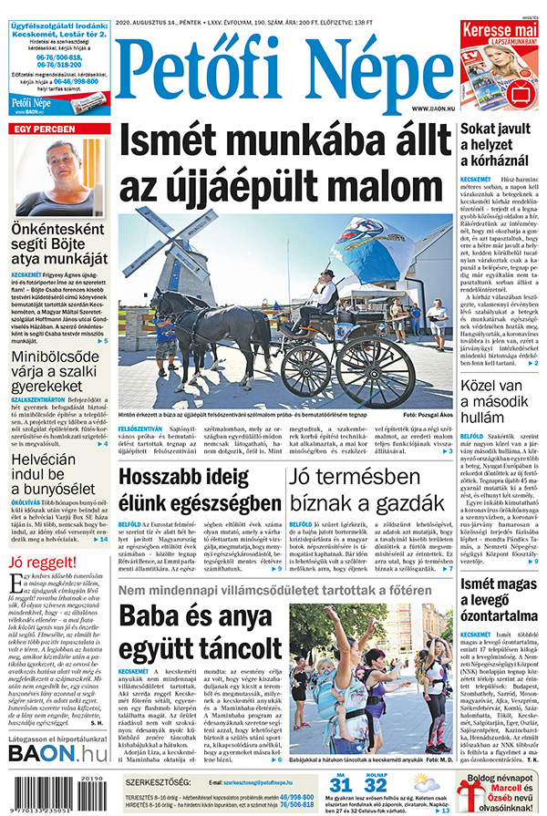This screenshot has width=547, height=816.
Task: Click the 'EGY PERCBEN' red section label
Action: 40,128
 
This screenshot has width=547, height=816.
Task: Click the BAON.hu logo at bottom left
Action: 57,753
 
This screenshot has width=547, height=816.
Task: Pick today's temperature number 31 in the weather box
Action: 340,786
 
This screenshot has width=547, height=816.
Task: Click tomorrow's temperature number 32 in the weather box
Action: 375,786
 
